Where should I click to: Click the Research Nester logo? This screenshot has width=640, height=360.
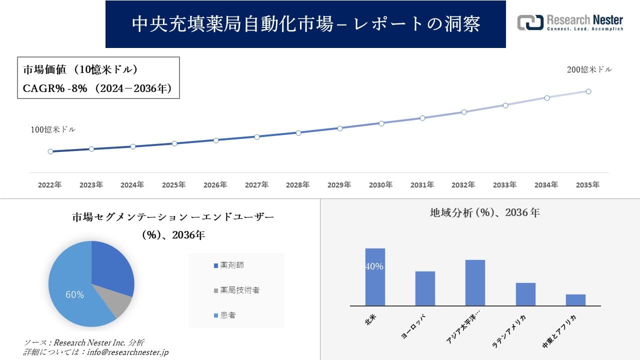point(570,23)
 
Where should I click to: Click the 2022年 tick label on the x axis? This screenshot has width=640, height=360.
point(50,185)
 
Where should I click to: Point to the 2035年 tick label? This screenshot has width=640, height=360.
point(587,185)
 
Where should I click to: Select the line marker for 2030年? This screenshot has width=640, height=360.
point(381,123)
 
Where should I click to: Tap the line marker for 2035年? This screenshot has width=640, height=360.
point(588,91)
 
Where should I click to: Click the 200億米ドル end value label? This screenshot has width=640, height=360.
point(589,70)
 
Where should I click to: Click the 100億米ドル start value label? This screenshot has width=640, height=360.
point(53,129)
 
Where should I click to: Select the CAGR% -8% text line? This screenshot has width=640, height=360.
point(97,88)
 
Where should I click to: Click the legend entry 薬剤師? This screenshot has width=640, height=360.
point(231,265)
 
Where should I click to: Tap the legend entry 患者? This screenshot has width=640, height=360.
point(227,315)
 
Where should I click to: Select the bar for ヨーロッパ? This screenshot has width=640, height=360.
point(425,288)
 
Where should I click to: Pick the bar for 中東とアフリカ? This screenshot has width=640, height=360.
point(575,300)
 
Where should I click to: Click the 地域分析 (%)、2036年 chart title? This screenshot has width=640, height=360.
point(484,212)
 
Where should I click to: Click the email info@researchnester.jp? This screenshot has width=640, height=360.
point(128,352)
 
